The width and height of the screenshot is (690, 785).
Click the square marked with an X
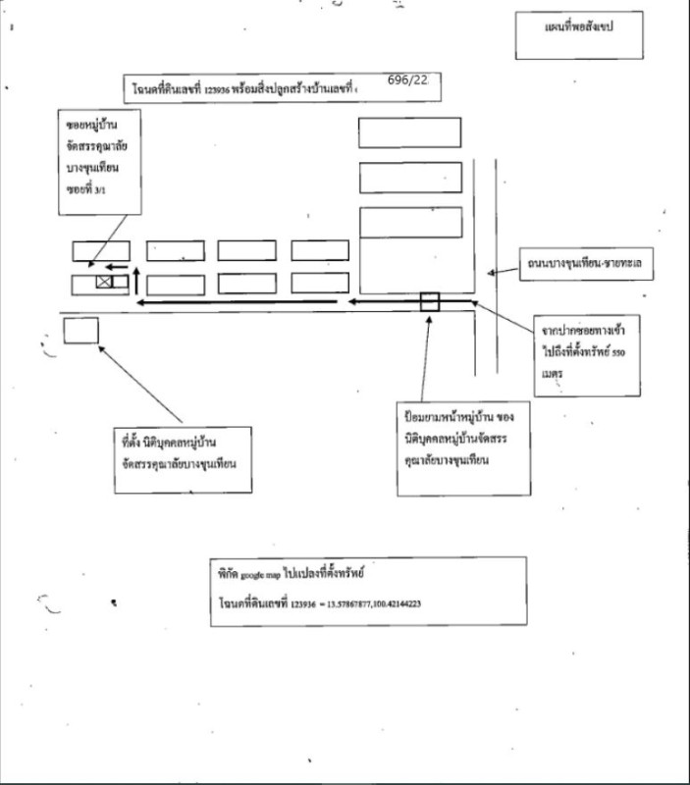[x=104, y=283]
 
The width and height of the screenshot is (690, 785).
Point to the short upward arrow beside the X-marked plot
[x=136, y=278]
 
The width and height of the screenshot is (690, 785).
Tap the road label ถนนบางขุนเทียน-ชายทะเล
[x=588, y=265]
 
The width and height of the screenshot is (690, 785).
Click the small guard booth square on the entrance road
[x=429, y=301]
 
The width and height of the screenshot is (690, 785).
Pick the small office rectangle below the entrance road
[x=81, y=330]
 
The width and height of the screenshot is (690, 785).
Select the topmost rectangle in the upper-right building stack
[x=409, y=132]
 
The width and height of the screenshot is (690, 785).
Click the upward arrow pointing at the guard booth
[x=429, y=353]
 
